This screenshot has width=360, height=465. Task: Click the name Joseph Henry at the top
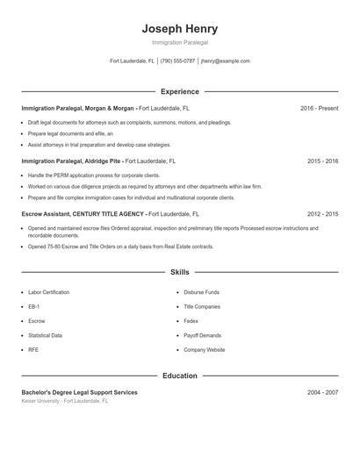click(179, 29)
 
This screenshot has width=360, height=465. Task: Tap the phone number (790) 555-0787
click(177, 61)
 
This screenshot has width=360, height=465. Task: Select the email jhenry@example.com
click(225, 61)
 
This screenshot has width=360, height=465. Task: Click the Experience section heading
click(179, 91)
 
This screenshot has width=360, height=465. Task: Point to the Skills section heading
click(179, 273)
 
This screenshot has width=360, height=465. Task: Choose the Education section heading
click(179, 376)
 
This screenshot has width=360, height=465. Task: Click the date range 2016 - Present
click(319, 108)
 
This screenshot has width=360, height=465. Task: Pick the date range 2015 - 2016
click(322, 161)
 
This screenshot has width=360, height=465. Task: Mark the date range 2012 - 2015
click(322, 213)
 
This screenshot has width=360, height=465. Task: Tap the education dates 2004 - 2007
click(322, 392)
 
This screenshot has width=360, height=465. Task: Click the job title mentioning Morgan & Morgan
click(78, 108)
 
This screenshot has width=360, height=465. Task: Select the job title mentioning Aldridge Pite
click(71, 161)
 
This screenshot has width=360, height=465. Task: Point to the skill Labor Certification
click(48, 292)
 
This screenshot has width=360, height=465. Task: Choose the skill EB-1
click(33, 306)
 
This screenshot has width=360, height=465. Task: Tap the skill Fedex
click(191, 321)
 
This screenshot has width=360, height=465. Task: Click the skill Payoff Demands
click(203, 335)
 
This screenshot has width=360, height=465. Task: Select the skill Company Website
click(204, 349)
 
